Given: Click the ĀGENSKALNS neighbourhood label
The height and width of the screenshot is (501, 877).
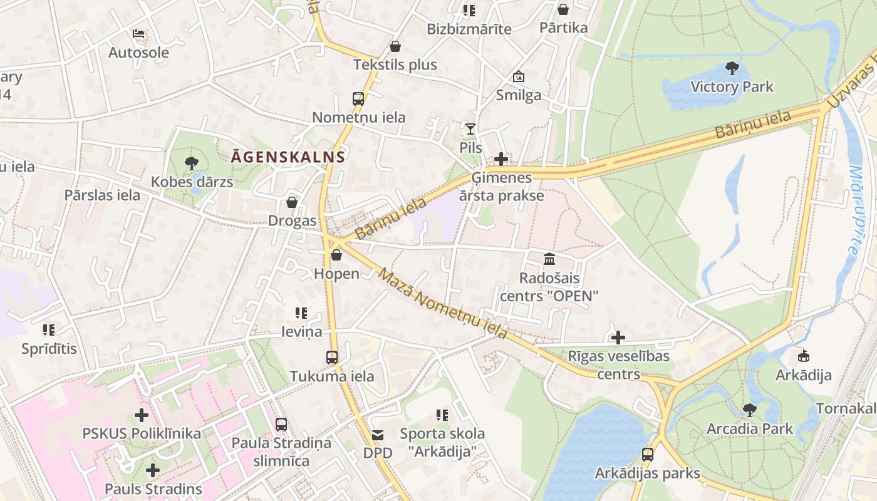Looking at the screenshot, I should pyautogui.click(x=288, y=157).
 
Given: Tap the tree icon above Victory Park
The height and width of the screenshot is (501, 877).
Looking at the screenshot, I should pyautogui.click(x=732, y=68).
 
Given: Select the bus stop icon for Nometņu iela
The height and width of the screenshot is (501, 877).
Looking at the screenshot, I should pyautogui.click(x=358, y=98).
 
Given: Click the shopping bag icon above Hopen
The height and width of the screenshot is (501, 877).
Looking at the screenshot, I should pyautogui.click(x=336, y=255).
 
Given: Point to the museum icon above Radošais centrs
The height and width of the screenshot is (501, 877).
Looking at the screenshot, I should pyautogui.click(x=549, y=259).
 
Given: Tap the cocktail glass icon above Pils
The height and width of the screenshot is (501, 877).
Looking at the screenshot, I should pyautogui.click(x=470, y=128).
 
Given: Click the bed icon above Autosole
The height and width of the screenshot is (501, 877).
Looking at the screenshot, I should pyautogui.click(x=138, y=33).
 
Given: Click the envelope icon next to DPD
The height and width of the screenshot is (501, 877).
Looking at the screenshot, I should pyautogui.click(x=378, y=435).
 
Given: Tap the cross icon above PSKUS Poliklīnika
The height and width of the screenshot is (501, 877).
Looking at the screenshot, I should pyautogui.click(x=142, y=415).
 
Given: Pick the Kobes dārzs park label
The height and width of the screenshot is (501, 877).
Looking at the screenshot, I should pyautogui.click(x=192, y=182).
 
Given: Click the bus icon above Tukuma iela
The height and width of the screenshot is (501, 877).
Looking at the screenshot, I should pyautogui.click(x=332, y=358).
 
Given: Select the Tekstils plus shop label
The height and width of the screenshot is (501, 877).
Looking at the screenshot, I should pyautogui.click(x=395, y=65).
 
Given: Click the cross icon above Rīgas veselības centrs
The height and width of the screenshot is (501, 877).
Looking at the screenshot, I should pyautogui.click(x=618, y=338).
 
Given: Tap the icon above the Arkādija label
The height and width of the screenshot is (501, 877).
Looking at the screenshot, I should pyautogui.click(x=803, y=356).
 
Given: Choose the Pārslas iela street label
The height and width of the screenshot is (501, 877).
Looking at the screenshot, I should pyautogui.click(x=102, y=195).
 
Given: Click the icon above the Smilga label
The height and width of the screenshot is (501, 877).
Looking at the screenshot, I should pyautogui.click(x=519, y=76).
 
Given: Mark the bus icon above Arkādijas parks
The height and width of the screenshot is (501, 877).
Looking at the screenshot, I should pyautogui.click(x=648, y=454).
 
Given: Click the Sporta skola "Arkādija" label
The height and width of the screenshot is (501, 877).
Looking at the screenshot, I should pyautogui.click(x=442, y=442).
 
